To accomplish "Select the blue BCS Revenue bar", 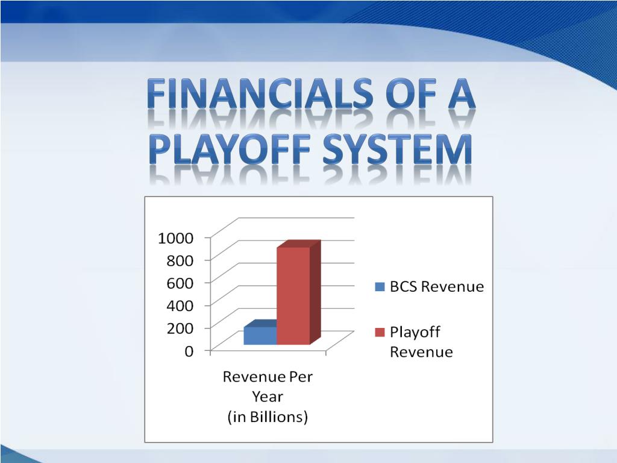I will tap(260, 336).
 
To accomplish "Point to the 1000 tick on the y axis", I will tap(175, 238).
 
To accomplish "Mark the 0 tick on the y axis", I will tap(189, 351).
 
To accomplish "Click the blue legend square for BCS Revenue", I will tap(380, 287).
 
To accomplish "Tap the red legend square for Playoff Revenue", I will tap(380, 333).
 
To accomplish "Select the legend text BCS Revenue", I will tap(437, 287).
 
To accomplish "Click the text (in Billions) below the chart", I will tap(268, 417).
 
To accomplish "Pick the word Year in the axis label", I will tap(268, 397).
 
